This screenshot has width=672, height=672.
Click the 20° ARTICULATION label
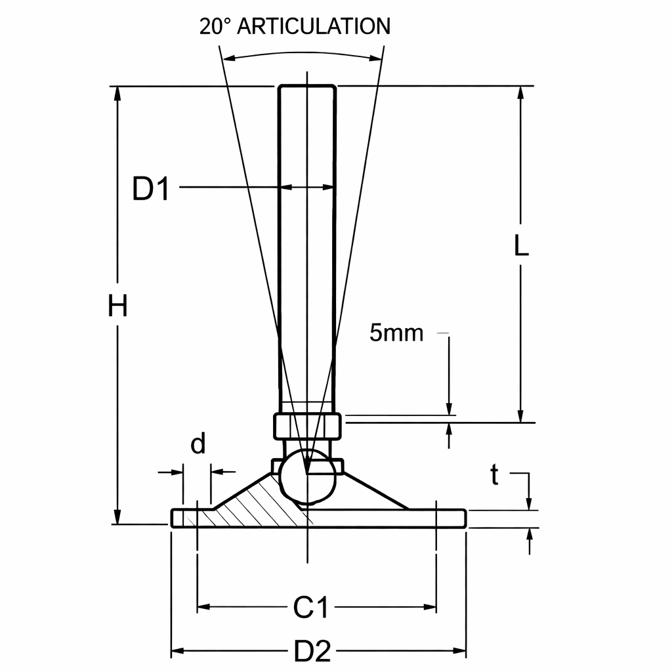[295, 26]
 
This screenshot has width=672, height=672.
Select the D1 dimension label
[151, 189]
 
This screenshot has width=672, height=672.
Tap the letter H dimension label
[117, 306]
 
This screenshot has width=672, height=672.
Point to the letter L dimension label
[521, 245]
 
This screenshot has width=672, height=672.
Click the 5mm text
[396, 333]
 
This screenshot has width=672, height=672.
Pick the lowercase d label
[198, 445]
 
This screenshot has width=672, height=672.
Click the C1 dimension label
[310, 608]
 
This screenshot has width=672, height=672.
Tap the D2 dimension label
[312, 652]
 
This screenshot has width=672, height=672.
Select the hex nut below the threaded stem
[307, 427]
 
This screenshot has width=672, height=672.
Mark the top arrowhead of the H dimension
[118, 92]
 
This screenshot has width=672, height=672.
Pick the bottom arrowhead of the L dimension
[521, 417]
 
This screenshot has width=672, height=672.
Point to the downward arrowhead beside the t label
[530, 505]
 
